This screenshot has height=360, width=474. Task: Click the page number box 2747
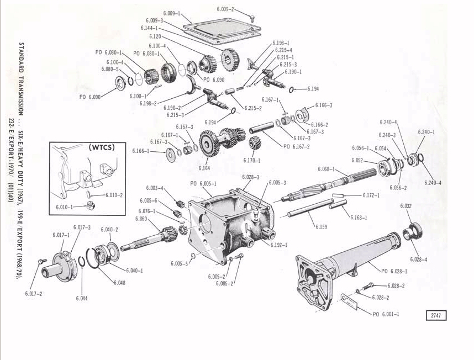click(x=435, y=315)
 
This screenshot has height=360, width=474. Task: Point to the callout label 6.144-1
click(x=149, y=28)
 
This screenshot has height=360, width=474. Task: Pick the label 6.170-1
click(x=251, y=161)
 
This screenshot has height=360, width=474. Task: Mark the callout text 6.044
click(x=82, y=298)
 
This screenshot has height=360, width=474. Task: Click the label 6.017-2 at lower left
click(x=34, y=294)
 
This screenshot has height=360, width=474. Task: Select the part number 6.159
click(x=322, y=226)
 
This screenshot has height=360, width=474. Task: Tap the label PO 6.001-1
click(x=386, y=314)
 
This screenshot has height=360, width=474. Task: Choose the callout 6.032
click(x=406, y=205)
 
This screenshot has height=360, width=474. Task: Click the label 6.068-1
click(x=326, y=169)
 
